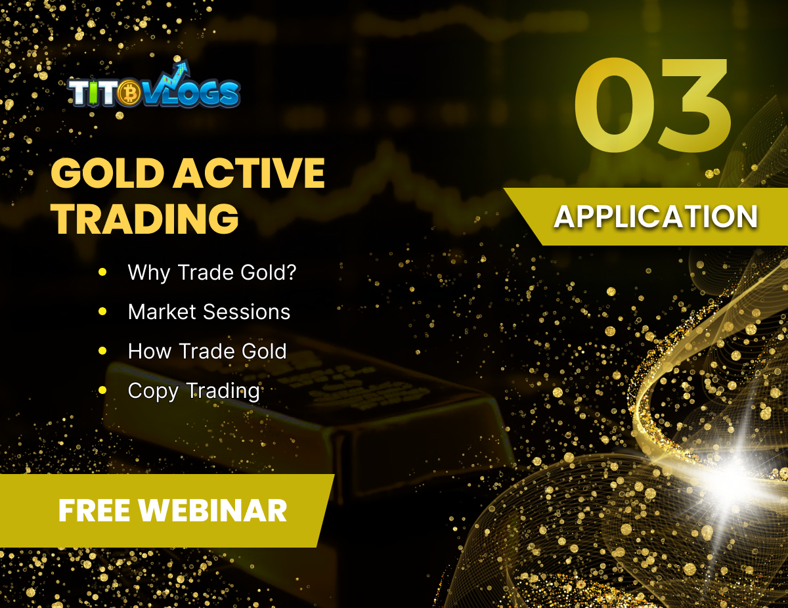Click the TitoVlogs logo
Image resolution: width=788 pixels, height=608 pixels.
point(154,92)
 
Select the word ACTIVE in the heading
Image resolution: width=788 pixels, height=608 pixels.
point(250,173)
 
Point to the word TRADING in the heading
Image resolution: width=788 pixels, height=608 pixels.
point(145,219)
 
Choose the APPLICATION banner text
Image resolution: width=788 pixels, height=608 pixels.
point(655,217)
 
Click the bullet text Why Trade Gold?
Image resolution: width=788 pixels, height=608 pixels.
point(212,272)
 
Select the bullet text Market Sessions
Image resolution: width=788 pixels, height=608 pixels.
point(209,311)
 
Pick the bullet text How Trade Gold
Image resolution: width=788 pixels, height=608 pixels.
point(207,351)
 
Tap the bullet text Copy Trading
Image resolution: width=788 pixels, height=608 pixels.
point(194,391)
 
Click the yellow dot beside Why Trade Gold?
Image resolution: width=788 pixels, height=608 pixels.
point(102,271)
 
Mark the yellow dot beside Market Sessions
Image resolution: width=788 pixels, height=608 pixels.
point(102,311)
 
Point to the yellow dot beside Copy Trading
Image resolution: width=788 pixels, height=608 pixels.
point(102,391)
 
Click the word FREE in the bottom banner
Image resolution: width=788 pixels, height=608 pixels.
point(94,511)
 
